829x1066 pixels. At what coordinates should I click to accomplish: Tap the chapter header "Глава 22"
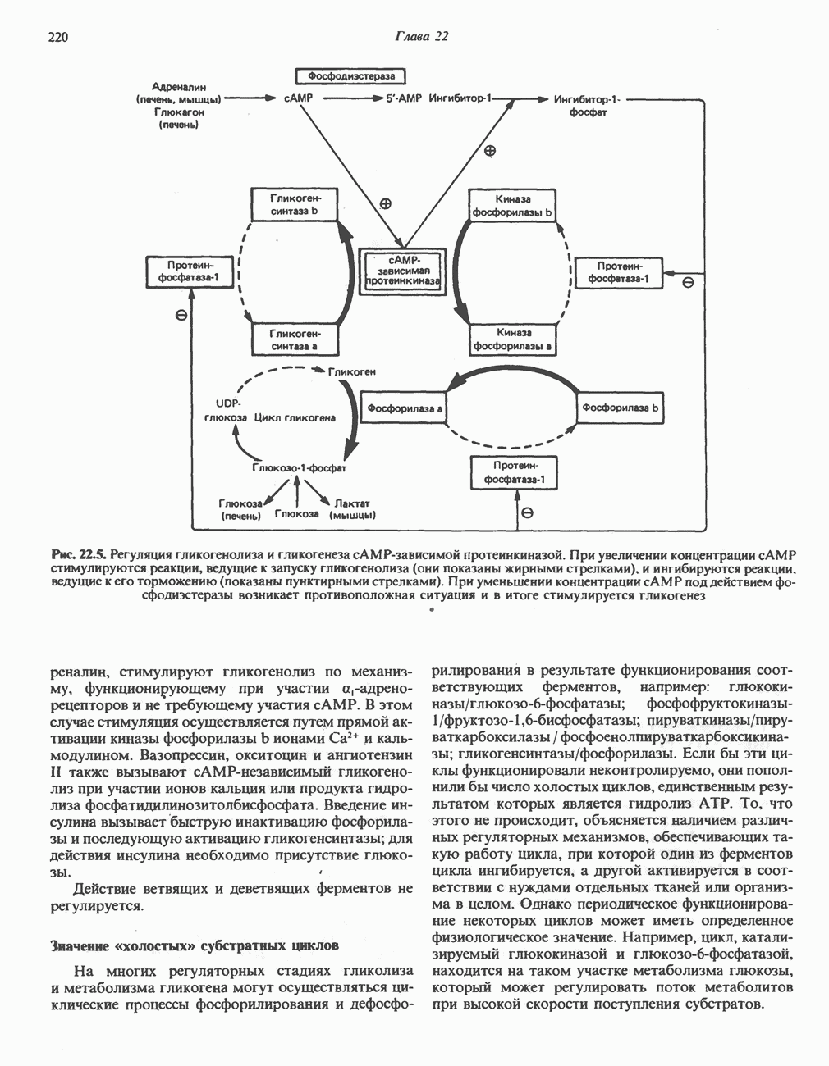click(x=422, y=37)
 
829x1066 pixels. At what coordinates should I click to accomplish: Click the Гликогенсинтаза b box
click(x=295, y=205)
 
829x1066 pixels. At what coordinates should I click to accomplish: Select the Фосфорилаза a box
click(x=404, y=408)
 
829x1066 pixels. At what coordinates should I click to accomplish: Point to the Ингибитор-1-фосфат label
click(x=588, y=105)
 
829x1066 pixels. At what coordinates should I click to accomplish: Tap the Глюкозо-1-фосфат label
click(x=300, y=468)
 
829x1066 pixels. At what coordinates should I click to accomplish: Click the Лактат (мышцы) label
click(x=353, y=509)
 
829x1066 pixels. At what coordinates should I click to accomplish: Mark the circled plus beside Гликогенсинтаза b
click(x=385, y=203)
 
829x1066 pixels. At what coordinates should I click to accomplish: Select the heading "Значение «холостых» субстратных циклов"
click(x=195, y=945)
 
